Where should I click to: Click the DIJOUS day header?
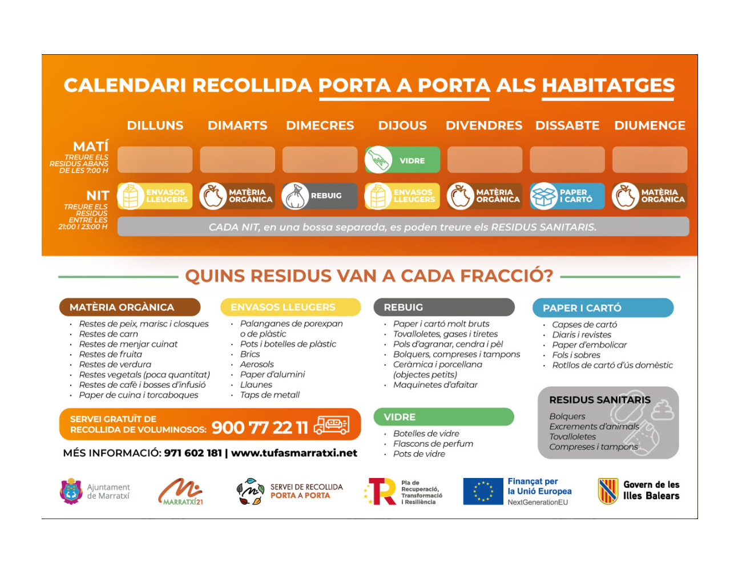coord(402,125)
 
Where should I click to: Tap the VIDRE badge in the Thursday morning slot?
coord(402,160)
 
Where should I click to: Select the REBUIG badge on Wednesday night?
coord(320,196)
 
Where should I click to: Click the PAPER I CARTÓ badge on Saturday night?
coord(567,196)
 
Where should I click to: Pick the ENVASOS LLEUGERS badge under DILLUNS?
coord(155,196)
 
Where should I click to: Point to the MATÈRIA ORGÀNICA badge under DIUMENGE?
coord(650,196)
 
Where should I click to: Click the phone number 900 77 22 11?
coord(260,427)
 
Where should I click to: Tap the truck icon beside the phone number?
coord(332,424)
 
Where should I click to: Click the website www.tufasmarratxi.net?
coord(294,453)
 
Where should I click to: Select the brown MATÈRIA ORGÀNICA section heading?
coord(130,307)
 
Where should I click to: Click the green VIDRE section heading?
coord(443,417)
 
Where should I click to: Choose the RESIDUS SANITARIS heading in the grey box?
coord(599,400)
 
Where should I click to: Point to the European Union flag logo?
coord(483,492)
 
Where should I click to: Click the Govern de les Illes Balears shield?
coord(608,491)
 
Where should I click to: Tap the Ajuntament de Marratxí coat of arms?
coord(71,491)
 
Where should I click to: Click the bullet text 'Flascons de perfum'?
coord(433,444)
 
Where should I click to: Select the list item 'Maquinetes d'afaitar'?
coord(435,385)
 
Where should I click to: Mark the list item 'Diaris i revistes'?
coord(581,335)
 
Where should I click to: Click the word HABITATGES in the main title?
coord(608,86)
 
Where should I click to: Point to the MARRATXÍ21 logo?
coord(181,492)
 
